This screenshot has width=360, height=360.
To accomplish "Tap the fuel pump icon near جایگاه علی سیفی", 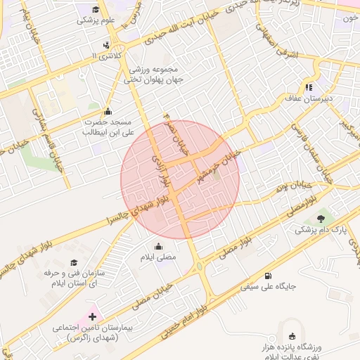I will [x=269, y=276].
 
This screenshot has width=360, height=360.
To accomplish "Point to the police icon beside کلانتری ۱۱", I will [x=106, y=46].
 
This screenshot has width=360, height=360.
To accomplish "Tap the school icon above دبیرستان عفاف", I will [x=308, y=87].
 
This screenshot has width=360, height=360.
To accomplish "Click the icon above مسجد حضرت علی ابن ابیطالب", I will [x=107, y=111].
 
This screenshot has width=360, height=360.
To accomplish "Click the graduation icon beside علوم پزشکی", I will [x=96, y=9].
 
